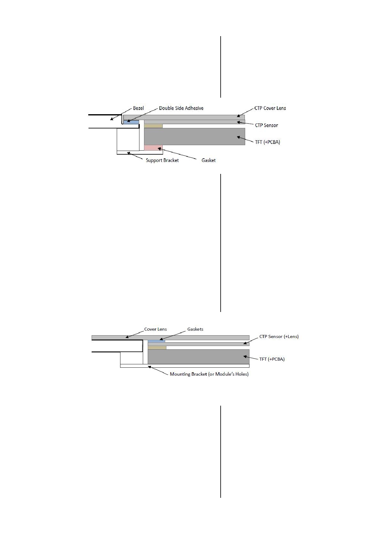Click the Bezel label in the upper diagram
click(x=138, y=108)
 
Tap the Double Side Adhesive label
click(x=181, y=108)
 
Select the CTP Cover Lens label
click(x=270, y=108)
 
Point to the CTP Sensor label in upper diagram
click(x=266, y=125)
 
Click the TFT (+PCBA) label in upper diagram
click(x=268, y=142)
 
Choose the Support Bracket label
click(x=162, y=160)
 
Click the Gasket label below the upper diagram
click(x=208, y=160)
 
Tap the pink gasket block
click(x=153, y=148)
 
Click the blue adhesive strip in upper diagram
click(x=131, y=122)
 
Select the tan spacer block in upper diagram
click(x=153, y=126)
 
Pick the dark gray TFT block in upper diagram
click(x=195, y=137)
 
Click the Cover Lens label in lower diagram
click(x=155, y=329)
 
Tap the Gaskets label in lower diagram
click(x=195, y=329)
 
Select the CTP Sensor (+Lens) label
click(x=279, y=336)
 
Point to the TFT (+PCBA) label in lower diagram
click(x=272, y=359)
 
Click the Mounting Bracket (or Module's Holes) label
click(x=209, y=374)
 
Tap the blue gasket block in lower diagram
click(x=156, y=341)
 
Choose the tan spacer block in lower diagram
click(x=157, y=347)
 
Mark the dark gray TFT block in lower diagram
click(x=199, y=357)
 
